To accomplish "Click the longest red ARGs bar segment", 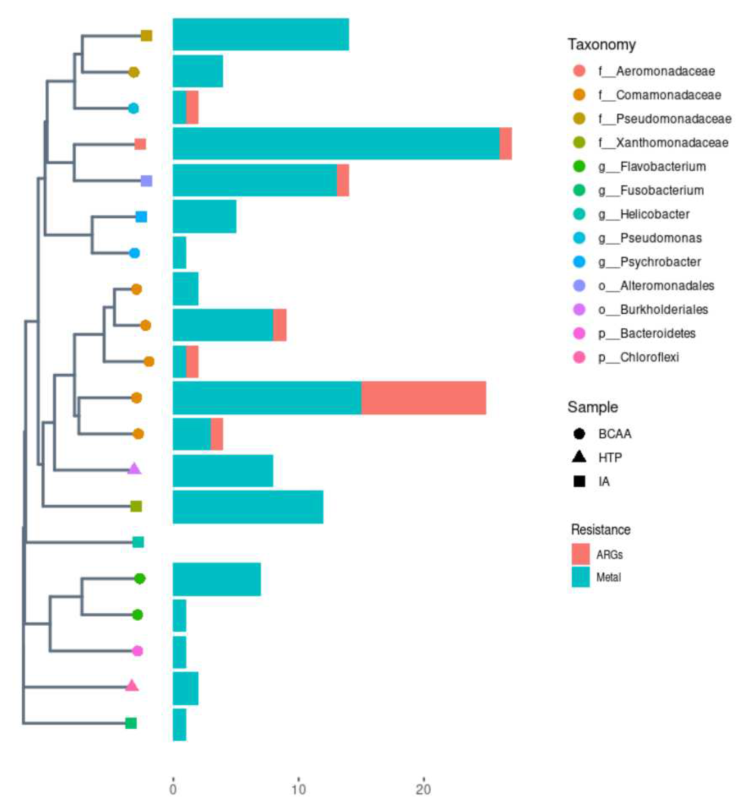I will [x=423, y=398].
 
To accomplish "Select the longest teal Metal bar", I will [x=336, y=143].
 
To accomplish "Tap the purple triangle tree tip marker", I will [x=134, y=469].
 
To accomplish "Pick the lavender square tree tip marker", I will [x=146, y=181].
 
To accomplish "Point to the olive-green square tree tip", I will [x=136, y=506].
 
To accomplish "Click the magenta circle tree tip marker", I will [x=137, y=651].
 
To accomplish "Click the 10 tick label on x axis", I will [x=298, y=789].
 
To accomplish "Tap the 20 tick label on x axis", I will [x=423, y=789].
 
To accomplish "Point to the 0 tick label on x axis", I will [x=173, y=789].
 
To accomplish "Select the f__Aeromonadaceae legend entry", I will [x=656, y=71].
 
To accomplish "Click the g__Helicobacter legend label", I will [x=655, y=214].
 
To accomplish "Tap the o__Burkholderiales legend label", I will [x=664, y=309].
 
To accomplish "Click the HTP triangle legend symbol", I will [x=579, y=457].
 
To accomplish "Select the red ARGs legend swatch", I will [x=580, y=554].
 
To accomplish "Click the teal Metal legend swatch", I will [x=580, y=577].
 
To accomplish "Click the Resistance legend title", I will [x=601, y=530].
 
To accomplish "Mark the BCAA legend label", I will [x=615, y=433].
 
